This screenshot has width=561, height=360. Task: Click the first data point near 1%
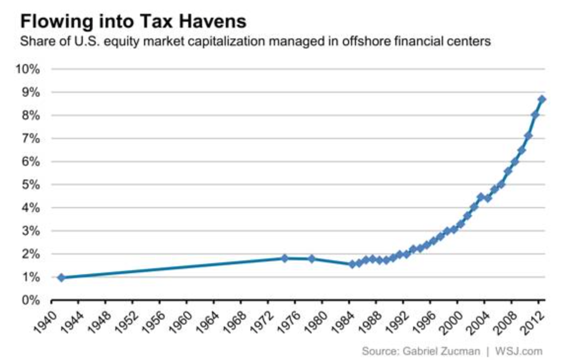coord(61,278)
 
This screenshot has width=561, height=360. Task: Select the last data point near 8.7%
coord(541,100)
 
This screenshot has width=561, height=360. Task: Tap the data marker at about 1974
coord(284,258)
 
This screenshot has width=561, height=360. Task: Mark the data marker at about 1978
coord(312,259)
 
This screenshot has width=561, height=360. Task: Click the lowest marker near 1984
coord(352,264)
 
